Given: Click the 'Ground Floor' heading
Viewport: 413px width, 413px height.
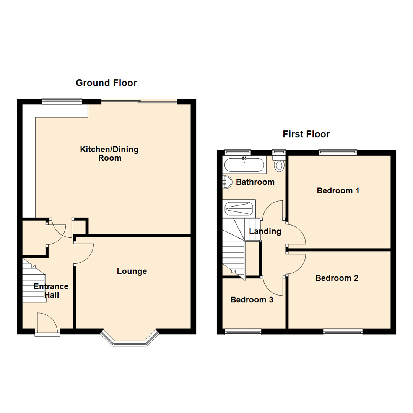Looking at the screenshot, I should [106, 83].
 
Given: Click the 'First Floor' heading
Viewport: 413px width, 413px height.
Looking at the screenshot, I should [306, 134].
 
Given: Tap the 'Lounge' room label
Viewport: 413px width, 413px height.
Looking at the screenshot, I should [132, 271].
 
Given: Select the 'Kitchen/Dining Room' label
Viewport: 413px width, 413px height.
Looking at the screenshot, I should [109, 153].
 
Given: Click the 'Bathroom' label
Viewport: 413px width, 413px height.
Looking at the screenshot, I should [255, 182].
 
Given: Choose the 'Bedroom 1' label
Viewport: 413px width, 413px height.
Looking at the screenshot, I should [338, 190].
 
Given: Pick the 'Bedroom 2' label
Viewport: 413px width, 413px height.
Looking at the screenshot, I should [337, 278].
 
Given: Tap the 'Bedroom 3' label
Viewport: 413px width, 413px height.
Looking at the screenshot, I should [252, 300].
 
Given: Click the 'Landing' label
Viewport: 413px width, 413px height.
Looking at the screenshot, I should [265, 231].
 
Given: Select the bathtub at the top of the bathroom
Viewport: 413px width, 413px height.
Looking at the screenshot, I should [244, 165].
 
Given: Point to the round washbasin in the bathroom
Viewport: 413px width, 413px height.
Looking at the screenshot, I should [227, 182].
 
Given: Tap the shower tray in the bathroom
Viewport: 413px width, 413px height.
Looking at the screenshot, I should [239, 209].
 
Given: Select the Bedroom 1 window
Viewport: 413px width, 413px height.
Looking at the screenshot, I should [338, 152].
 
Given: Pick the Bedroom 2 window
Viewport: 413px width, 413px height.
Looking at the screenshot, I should [342, 332].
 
